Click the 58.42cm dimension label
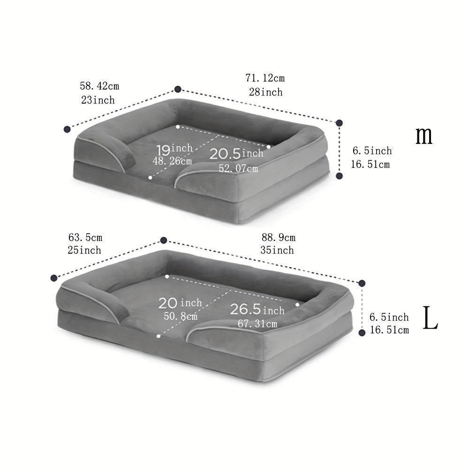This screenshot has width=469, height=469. pyautogui.click(x=99, y=86)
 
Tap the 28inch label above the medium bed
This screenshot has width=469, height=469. pyautogui.click(x=265, y=92)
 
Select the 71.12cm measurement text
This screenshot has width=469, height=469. pyautogui.click(x=265, y=78)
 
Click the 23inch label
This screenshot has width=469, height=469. pyautogui.click(x=98, y=100)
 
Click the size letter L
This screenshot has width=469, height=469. pyautogui.click(x=430, y=318)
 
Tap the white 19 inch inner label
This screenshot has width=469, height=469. pyautogui.click(x=174, y=149)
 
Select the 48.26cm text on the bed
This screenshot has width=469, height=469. pyautogui.click(x=172, y=161)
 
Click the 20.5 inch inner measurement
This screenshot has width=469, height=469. pyautogui.click(x=236, y=153)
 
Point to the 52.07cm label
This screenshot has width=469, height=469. pyautogui.click(x=238, y=168)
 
